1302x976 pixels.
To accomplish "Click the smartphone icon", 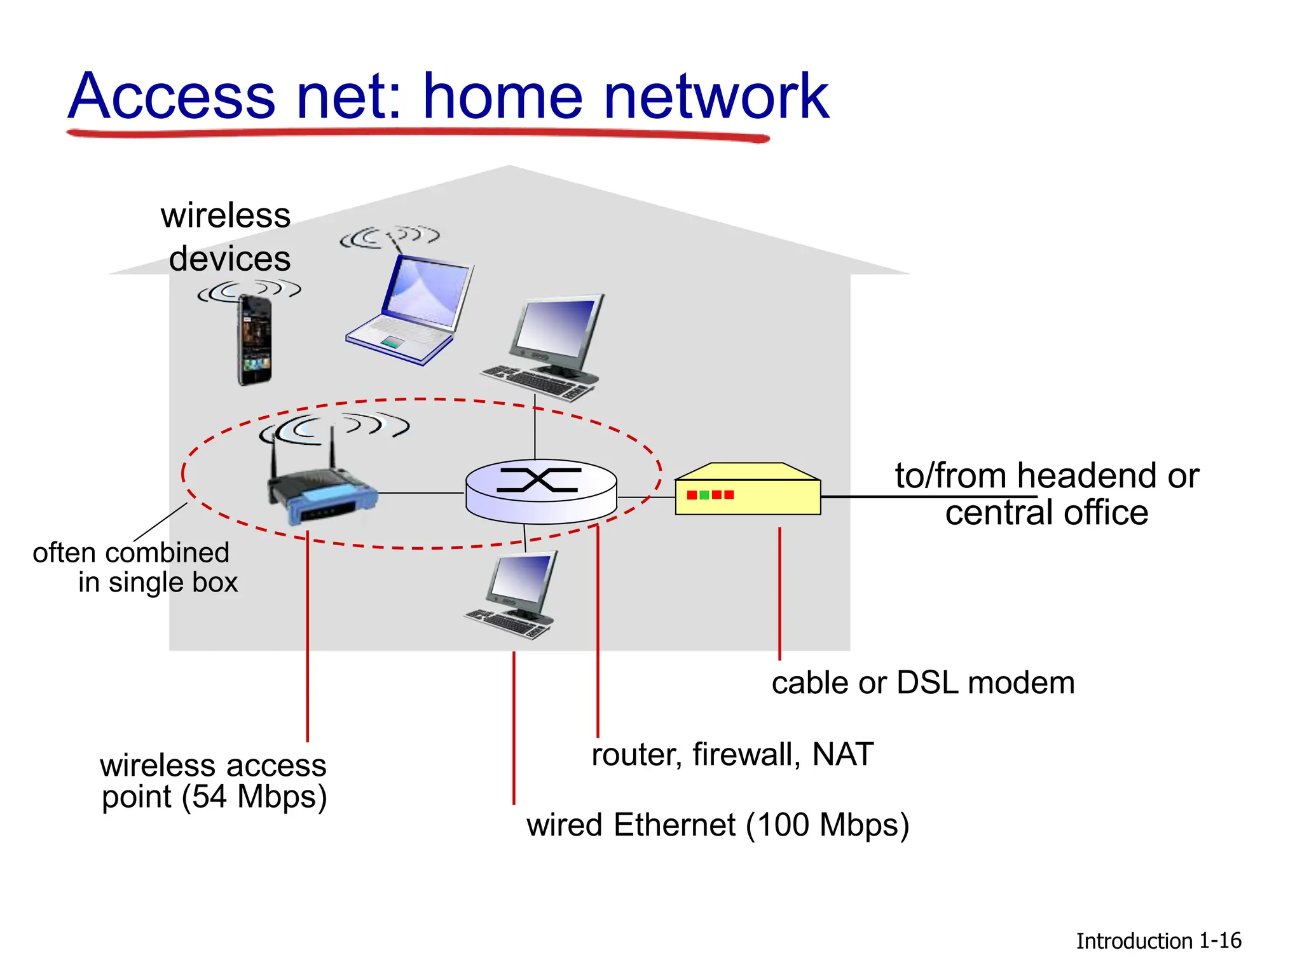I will [x=255, y=340].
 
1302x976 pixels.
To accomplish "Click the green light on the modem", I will [x=704, y=495].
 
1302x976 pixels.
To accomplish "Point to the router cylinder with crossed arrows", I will [x=541, y=491].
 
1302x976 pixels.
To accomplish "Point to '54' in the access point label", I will [x=210, y=797].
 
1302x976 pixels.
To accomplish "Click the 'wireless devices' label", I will [x=227, y=237].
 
